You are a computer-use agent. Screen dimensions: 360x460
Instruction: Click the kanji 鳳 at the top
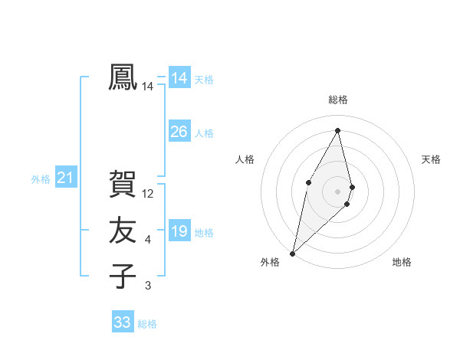coord(123,78)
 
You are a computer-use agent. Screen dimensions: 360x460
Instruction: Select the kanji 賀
coord(123,185)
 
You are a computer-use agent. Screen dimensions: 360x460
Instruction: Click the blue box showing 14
coord(179,78)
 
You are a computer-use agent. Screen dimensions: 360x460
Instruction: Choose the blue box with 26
coord(179,132)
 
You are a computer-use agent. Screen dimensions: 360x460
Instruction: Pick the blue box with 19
coord(179,231)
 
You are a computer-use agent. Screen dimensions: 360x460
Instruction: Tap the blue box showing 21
coord(65,178)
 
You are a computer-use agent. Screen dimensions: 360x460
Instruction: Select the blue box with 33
coord(123,322)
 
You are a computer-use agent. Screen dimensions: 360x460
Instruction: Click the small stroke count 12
coord(149,195)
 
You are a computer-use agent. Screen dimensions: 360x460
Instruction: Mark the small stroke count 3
coord(148,286)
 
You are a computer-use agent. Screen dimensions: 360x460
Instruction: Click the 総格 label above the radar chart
coord(338,100)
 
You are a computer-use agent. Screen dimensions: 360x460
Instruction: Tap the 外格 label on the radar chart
coord(270,263)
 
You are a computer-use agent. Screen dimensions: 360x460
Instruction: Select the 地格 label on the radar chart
coord(402,263)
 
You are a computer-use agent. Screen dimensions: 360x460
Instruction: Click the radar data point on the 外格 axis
coord(292,253)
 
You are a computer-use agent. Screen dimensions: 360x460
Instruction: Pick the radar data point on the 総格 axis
coord(338,130)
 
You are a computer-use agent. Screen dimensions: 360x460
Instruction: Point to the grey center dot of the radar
coord(338,191)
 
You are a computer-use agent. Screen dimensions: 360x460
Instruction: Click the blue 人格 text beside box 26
coord(204,133)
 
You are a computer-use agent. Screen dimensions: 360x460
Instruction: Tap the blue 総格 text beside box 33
coord(147,324)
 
